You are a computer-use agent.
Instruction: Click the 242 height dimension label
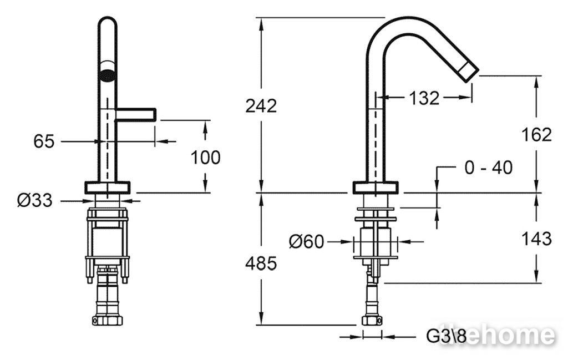[261, 106]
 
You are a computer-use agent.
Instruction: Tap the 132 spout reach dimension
[424, 98]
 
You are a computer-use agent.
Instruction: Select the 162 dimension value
[536, 135]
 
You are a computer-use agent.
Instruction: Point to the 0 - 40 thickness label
[488, 168]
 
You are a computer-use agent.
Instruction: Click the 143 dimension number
[536, 239]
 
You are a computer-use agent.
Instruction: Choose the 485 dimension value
[261, 263]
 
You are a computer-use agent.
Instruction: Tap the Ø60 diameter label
[306, 241]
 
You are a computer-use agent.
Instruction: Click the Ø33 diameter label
[35, 200]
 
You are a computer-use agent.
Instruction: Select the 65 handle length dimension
[44, 141]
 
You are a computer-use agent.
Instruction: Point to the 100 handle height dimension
[205, 157]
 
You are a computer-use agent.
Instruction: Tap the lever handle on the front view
[135, 114]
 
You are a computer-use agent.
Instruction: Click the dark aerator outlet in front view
[108, 75]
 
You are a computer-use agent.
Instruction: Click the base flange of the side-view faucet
[376, 187]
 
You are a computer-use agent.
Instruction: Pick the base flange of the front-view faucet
[107, 187]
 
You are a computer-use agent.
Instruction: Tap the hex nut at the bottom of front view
[107, 320]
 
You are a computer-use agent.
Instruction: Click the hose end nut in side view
[372, 320]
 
